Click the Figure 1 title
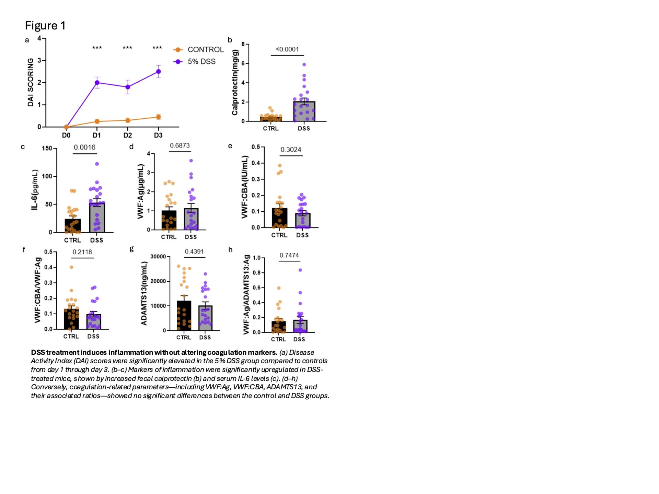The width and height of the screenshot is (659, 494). [45, 26]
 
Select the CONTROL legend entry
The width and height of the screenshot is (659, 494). [205, 50]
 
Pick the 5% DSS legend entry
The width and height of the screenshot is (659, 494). [201, 62]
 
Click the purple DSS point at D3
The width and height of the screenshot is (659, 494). [159, 72]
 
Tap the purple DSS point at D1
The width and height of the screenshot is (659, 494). [97, 83]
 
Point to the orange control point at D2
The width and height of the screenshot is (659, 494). [128, 120]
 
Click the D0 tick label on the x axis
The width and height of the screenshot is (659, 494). [66, 136]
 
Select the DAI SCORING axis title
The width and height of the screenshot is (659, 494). [31, 82]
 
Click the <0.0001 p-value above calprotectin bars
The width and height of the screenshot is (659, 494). [287, 49]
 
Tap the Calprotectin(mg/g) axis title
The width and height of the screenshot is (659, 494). [235, 82]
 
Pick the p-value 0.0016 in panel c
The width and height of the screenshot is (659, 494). [84, 148]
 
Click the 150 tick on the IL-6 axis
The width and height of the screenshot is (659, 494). [47, 149]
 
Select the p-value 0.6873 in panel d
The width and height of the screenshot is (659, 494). [180, 146]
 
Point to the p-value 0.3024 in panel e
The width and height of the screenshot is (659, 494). [291, 150]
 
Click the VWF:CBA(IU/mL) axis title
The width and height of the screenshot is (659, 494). [244, 187]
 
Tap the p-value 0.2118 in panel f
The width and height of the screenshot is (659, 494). [82, 252]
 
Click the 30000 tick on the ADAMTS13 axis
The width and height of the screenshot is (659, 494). [158, 257]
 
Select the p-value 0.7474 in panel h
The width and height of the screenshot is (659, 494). [289, 256]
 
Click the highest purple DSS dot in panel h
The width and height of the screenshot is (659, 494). [300, 270]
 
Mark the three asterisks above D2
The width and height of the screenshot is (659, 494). [127, 48]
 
